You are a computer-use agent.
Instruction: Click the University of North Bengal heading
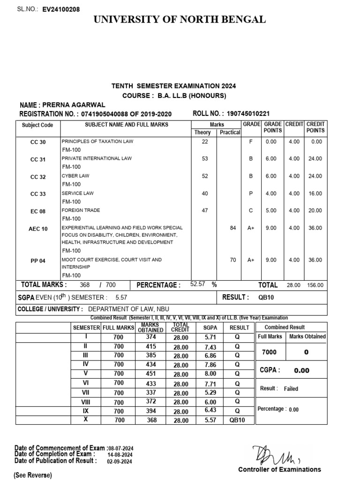tap(180, 20)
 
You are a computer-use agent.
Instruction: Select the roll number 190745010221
tap(248, 114)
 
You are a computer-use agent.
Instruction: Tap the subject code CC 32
tap(38, 177)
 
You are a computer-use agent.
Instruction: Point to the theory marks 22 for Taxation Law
tap(204, 142)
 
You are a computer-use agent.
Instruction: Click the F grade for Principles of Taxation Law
tap(251, 142)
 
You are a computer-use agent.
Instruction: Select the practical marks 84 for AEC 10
tap(233, 228)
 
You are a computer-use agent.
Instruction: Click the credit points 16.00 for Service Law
tap(315, 193)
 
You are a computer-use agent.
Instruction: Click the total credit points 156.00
tap(315, 285)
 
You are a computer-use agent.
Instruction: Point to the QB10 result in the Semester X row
tap(237, 420)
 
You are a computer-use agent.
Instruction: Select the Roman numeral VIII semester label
tap(85, 402)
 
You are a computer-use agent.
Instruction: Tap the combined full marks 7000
tap(269, 352)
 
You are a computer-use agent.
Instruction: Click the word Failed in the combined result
tap(291, 389)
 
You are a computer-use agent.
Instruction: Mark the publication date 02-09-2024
tap(120, 461)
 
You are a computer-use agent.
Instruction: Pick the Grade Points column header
tap(272, 127)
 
